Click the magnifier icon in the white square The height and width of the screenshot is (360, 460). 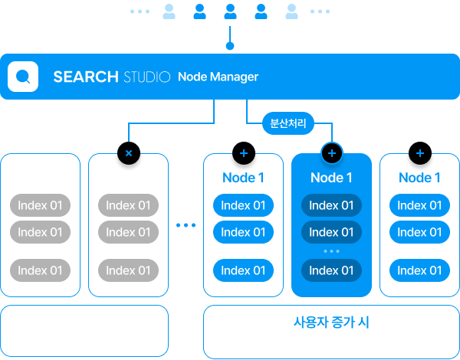tap(23, 77)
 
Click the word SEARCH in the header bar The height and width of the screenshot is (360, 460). tap(86, 77)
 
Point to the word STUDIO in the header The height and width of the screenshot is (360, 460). tap(146, 77)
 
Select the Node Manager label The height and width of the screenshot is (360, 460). tap(218, 77)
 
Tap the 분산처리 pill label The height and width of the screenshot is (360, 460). tap(288, 123)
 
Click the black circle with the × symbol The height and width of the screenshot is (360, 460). tap(129, 153)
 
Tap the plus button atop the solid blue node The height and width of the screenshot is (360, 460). tap(332, 153)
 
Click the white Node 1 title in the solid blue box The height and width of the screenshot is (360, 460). tap(331, 178)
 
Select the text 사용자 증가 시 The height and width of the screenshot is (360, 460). tap(331, 322)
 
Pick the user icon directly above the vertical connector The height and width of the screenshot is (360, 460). tap(230, 11)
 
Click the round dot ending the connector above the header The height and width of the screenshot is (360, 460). tap(230, 46)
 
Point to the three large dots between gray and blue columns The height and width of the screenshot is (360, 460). tap(186, 225)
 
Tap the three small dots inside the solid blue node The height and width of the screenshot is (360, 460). tap(331, 251)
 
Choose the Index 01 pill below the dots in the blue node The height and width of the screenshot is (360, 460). tap(331, 270)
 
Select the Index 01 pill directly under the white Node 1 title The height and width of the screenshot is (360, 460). tap(331, 205)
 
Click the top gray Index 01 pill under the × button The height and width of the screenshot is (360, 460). tap(128, 205)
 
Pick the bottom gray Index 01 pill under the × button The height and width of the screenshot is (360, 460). tap(128, 270)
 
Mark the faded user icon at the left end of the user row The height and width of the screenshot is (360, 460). tap(169, 11)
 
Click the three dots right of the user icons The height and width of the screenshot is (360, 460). tap(320, 11)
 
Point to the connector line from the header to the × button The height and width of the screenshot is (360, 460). tap(171, 123)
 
